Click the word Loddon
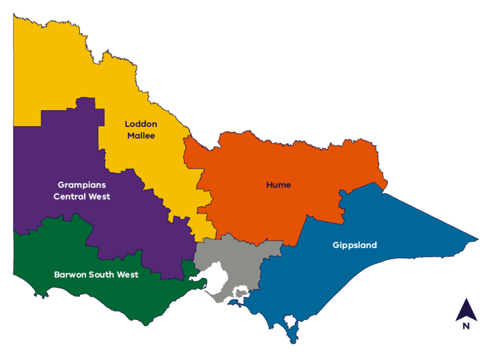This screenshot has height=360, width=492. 141,124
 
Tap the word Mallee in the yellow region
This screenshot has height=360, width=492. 141,135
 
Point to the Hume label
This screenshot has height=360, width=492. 278,184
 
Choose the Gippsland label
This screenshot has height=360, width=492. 355,245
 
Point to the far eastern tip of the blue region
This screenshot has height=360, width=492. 477,239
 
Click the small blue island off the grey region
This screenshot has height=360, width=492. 234,303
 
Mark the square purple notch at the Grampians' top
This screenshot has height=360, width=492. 85,102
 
